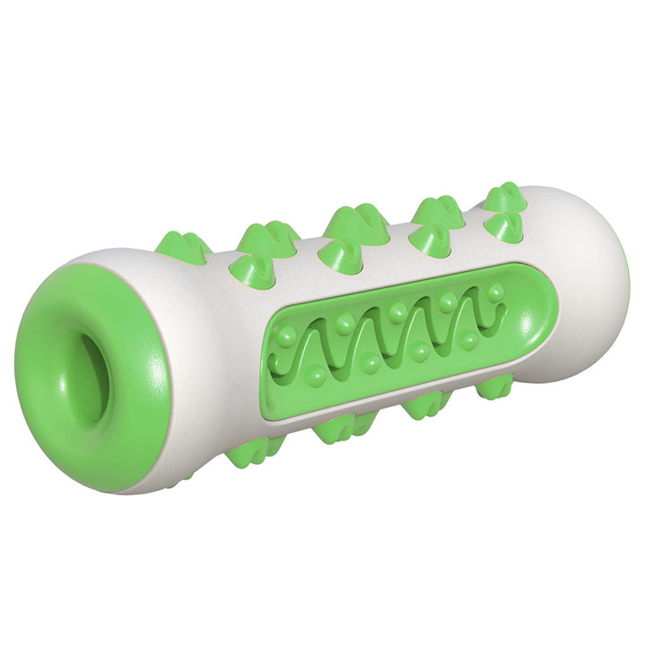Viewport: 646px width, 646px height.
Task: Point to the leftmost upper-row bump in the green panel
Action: [x=287, y=337]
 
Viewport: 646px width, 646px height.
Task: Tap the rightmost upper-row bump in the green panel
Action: [x=495, y=291]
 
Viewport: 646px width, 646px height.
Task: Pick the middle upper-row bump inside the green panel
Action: [x=397, y=310]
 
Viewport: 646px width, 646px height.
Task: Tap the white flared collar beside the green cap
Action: [x=193, y=359]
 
